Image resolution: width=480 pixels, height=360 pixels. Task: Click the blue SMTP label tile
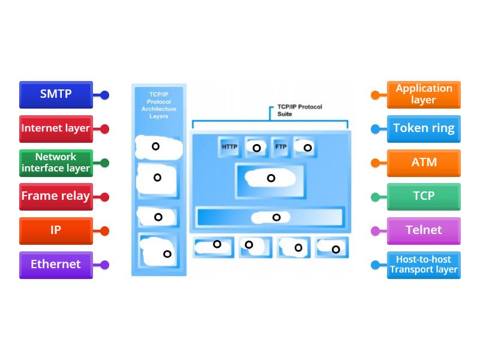tap(56, 94)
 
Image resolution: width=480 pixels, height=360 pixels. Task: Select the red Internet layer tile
tap(56, 128)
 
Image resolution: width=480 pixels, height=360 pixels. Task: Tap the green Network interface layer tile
tap(56, 163)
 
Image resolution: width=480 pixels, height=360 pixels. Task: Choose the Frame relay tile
tap(56, 196)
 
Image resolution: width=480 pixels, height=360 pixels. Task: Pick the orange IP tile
tap(56, 230)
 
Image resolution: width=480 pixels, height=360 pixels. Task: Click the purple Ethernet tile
tap(56, 265)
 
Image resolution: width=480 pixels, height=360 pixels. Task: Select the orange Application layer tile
tap(424, 94)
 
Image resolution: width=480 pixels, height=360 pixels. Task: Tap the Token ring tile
tap(424, 128)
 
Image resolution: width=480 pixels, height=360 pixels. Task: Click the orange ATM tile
tap(424, 163)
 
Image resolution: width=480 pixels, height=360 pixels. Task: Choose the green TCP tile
tap(424, 196)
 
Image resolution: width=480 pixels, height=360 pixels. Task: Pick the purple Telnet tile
tap(424, 230)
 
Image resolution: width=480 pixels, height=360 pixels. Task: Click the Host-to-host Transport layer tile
tap(424, 265)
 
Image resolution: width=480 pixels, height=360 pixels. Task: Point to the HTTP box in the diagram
tap(229, 147)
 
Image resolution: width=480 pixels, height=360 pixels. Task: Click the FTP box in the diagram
tap(280, 147)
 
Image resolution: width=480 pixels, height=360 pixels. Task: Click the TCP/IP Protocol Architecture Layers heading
tap(158, 105)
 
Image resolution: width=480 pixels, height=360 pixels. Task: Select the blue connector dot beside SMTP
tap(104, 95)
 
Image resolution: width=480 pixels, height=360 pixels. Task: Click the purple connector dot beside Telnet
tap(375, 231)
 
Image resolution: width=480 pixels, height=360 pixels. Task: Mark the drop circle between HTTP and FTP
tap(256, 148)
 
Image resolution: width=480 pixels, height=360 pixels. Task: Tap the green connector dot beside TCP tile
tap(375, 197)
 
